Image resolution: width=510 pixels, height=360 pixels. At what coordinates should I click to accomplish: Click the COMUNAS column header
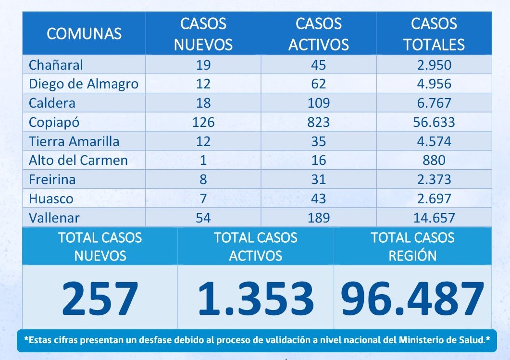[x=84, y=34]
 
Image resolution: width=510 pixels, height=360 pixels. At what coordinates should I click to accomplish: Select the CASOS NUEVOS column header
[x=203, y=34]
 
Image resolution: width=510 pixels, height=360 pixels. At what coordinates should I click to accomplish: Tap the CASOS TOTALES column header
[x=434, y=34]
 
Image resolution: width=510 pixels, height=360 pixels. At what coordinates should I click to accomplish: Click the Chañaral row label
[x=56, y=65]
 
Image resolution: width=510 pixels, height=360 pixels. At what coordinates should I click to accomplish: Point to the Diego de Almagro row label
[x=84, y=84]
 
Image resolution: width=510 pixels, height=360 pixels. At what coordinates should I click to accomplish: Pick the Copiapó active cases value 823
[x=318, y=122]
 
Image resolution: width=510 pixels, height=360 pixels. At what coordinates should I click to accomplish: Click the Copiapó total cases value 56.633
[x=434, y=122]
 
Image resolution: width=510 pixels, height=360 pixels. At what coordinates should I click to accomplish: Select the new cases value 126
[x=203, y=122]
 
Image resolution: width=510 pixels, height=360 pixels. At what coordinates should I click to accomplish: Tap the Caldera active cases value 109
[x=318, y=103]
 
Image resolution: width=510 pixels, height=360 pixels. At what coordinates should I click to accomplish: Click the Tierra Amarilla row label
[x=74, y=141]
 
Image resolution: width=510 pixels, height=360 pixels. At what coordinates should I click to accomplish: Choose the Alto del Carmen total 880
[x=434, y=160]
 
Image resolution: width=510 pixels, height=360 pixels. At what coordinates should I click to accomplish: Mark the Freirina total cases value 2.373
[x=434, y=179]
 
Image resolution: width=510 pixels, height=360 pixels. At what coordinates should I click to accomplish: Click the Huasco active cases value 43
[x=318, y=198]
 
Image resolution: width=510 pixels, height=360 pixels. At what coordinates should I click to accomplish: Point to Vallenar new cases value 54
[x=203, y=217]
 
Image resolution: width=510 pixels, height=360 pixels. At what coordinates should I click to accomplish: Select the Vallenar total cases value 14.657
[x=434, y=217]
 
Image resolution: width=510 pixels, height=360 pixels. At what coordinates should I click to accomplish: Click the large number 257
[x=100, y=298]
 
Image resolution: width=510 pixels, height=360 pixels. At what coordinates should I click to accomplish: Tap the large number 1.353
[x=256, y=298]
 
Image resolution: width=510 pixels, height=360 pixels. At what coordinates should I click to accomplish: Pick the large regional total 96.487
[x=412, y=298]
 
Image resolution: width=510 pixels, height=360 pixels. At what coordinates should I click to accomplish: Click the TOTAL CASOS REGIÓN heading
[x=412, y=246]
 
